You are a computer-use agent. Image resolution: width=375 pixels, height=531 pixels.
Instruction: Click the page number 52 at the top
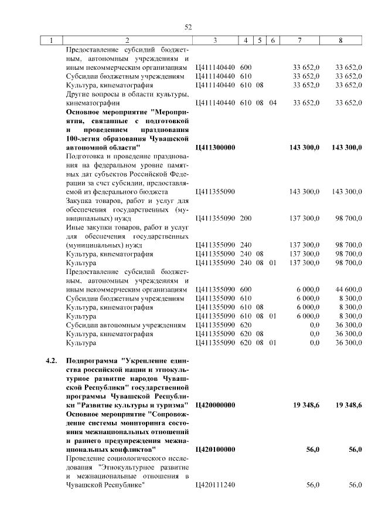(x=188, y=27)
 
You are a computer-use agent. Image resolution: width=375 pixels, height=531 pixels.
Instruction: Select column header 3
(x=215, y=40)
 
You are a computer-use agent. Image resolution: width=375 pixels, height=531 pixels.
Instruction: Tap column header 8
(x=340, y=40)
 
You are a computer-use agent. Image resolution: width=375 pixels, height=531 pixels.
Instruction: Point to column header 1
(x=52, y=40)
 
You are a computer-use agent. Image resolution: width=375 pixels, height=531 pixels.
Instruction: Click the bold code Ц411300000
(x=214, y=147)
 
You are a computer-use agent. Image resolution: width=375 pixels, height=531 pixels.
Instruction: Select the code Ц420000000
(x=214, y=405)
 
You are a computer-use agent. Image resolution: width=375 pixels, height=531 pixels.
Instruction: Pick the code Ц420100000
(x=214, y=449)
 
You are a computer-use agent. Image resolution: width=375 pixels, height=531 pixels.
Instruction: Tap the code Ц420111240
(x=214, y=484)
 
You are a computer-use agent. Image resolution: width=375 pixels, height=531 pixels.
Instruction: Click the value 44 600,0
(x=349, y=289)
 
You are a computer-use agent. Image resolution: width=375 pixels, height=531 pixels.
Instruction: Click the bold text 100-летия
(x=87, y=138)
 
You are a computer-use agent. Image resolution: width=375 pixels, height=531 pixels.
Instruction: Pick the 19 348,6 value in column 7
(x=306, y=405)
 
